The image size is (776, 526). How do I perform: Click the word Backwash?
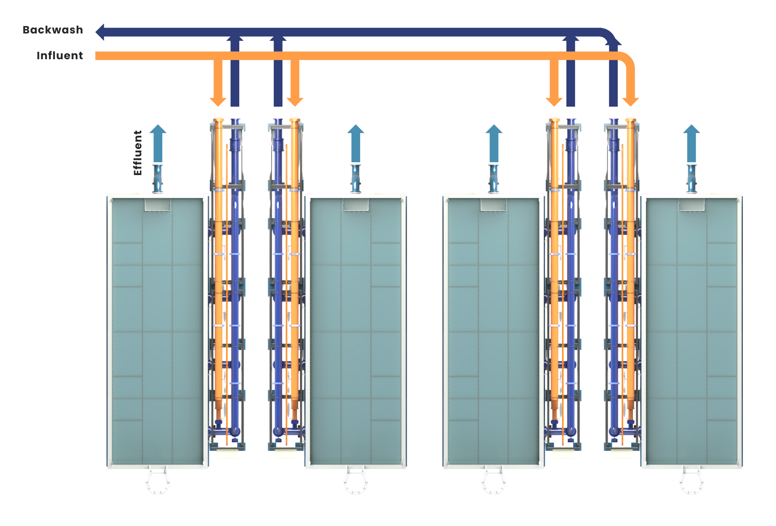[x=53, y=30]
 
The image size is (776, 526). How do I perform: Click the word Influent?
[x=60, y=56]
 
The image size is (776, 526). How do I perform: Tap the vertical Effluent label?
[x=138, y=153]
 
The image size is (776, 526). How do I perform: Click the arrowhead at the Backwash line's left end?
[x=100, y=32]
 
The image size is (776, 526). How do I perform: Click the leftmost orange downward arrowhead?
[x=218, y=102]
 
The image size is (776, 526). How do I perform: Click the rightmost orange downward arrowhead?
[x=630, y=102]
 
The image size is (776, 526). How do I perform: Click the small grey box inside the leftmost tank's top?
[x=158, y=205]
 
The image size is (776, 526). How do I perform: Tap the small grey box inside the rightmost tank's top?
[x=691, y=205]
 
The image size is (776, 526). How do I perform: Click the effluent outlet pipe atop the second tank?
[x=356, y=179]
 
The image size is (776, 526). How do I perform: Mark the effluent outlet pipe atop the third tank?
[x=494, y=179]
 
